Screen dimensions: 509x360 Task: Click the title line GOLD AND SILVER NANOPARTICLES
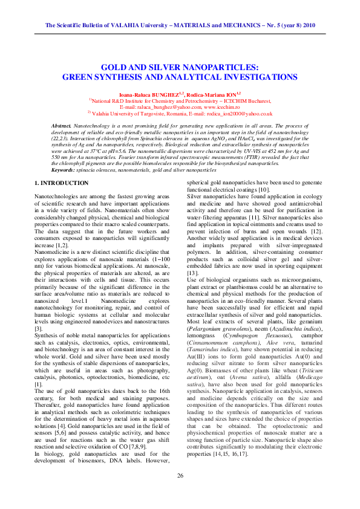pyautogui.click(x=180, y=68)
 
